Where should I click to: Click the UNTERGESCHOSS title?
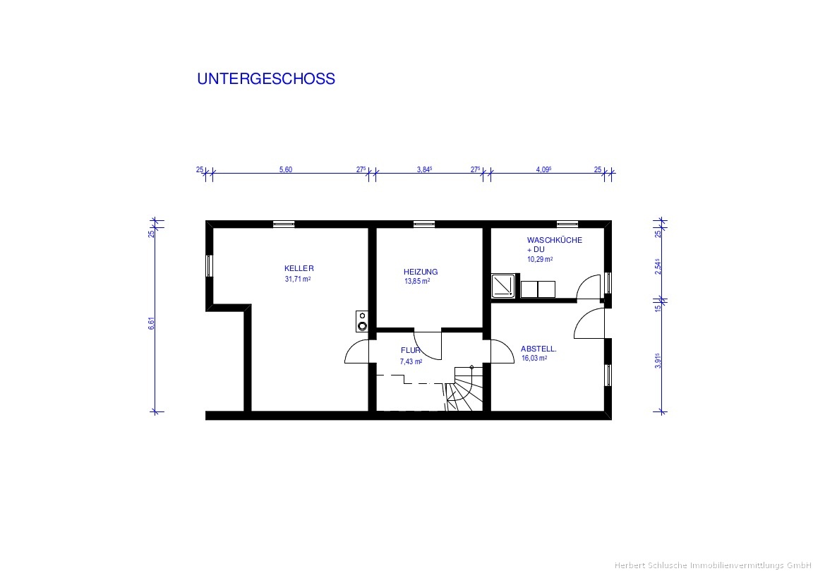pos(265,79)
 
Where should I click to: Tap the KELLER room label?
pos(299,268)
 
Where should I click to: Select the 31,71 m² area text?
pos(298,279)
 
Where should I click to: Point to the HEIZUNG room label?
pos(421,272)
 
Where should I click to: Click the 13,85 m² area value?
pos(416,281)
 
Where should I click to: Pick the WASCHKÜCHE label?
pos(555,240)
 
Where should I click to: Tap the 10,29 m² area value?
pos(540,259)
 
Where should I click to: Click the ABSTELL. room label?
pos(538,349)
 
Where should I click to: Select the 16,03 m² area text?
pos(534,358)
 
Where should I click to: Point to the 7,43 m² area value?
pos(411,361)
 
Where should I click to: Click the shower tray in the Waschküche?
pos(503,286)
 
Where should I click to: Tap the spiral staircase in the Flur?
pos(464,388)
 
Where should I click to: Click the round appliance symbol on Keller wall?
pos(362,321)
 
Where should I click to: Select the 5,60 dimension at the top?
pos(285,169)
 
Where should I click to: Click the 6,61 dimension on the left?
pos(152,323)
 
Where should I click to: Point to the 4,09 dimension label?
pos(543,169)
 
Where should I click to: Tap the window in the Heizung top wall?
pos(423,224)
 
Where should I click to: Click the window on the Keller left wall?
pos(209,265)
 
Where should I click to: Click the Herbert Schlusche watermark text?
pos(712,565)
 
